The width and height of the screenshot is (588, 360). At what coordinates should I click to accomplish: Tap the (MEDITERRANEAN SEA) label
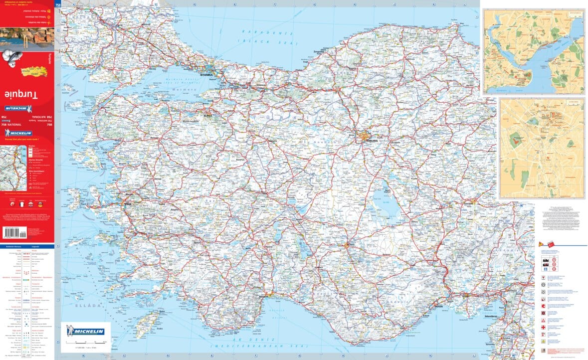pyautogui.click(x=246, y=345)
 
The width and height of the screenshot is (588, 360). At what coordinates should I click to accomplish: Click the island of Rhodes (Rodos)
pyautogui.click(x=146, y=320)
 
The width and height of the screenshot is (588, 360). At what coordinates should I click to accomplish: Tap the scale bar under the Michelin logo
pyautogui.click(x=85, y=343)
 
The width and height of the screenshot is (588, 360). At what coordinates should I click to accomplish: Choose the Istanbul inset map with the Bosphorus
pyautogui.click(x=533, y=52)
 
